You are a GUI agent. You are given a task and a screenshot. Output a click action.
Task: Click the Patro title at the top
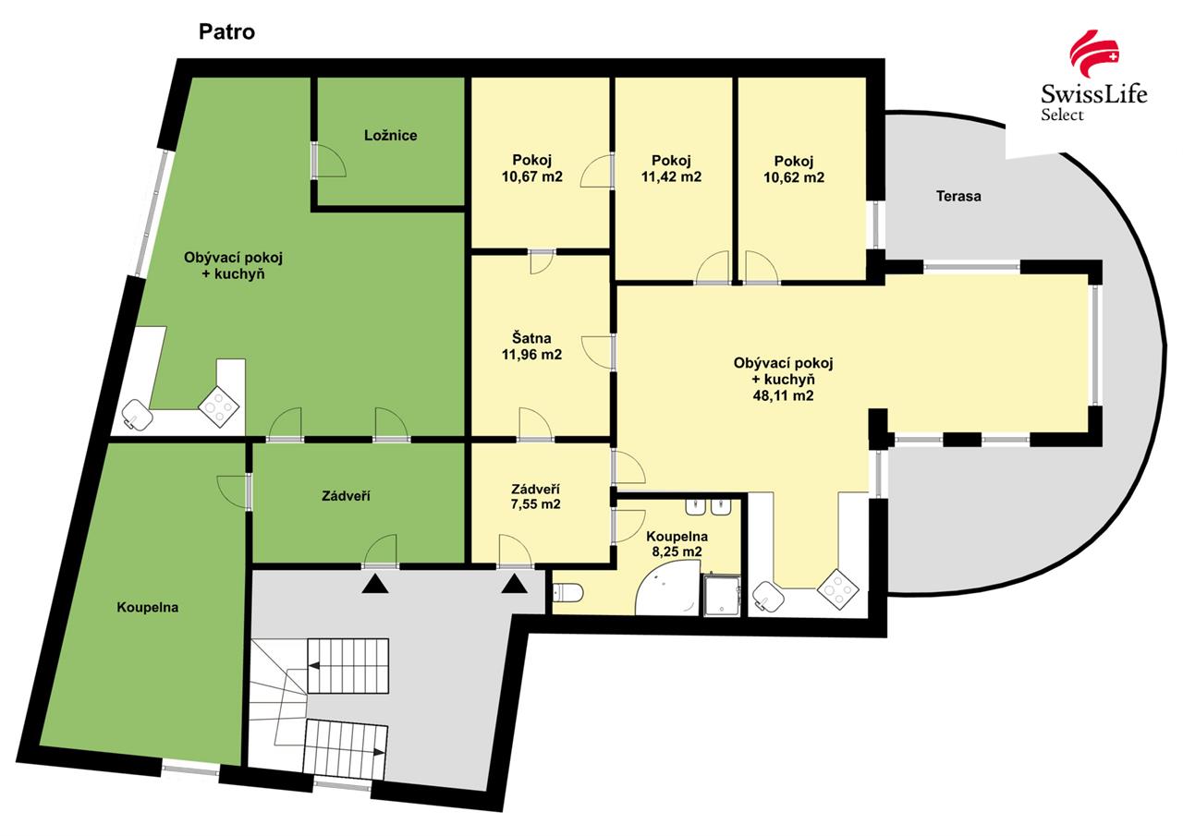226,32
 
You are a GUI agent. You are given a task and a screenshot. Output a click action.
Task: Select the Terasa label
958,197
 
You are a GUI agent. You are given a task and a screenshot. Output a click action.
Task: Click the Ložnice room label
390,136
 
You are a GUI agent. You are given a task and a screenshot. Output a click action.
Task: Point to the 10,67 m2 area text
531,176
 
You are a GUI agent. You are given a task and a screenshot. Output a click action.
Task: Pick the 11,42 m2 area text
671,176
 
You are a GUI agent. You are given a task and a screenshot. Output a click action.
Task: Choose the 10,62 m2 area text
794,177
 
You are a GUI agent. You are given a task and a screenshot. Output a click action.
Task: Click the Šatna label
531,338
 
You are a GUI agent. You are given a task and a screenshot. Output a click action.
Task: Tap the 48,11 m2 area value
783,395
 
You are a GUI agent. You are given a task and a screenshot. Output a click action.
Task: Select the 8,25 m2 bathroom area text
677,552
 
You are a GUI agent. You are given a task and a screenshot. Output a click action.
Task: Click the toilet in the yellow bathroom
567,592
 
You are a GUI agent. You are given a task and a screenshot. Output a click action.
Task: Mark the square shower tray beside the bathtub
722,596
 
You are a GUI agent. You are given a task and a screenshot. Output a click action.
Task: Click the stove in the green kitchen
219,407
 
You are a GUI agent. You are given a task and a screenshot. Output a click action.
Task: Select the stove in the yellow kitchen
838,589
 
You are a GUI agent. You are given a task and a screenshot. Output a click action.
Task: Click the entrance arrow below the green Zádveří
375,584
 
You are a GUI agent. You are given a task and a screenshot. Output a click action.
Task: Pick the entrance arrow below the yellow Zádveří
514,584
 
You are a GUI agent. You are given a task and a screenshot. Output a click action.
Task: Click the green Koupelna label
147,608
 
